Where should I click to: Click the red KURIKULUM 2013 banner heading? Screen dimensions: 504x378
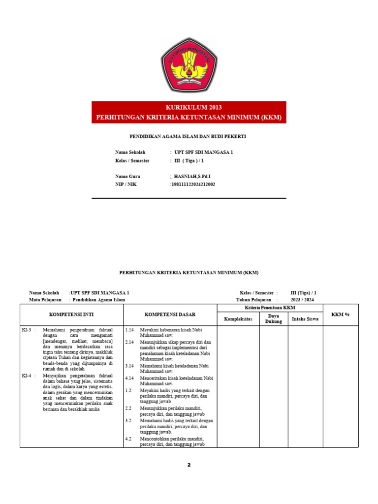[189, 107]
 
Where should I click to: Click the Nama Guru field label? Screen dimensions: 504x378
[127, 176]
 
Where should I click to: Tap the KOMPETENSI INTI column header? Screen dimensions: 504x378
[71, 314]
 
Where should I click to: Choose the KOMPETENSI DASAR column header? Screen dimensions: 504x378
[170, 314]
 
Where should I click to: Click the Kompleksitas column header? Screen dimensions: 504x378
[238, 318]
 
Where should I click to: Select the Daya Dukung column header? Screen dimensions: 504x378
[274, 318]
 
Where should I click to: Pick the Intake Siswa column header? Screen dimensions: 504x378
[305, 318]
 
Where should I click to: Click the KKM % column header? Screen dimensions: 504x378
[341, 315]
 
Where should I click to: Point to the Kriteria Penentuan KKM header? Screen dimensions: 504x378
[270, 307]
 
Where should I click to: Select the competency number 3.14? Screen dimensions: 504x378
[129, 366]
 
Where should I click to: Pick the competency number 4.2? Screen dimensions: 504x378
[128, 438]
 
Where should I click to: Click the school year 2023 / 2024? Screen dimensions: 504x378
[302, 299]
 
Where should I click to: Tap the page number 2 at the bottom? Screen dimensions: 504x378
[189, 465]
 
